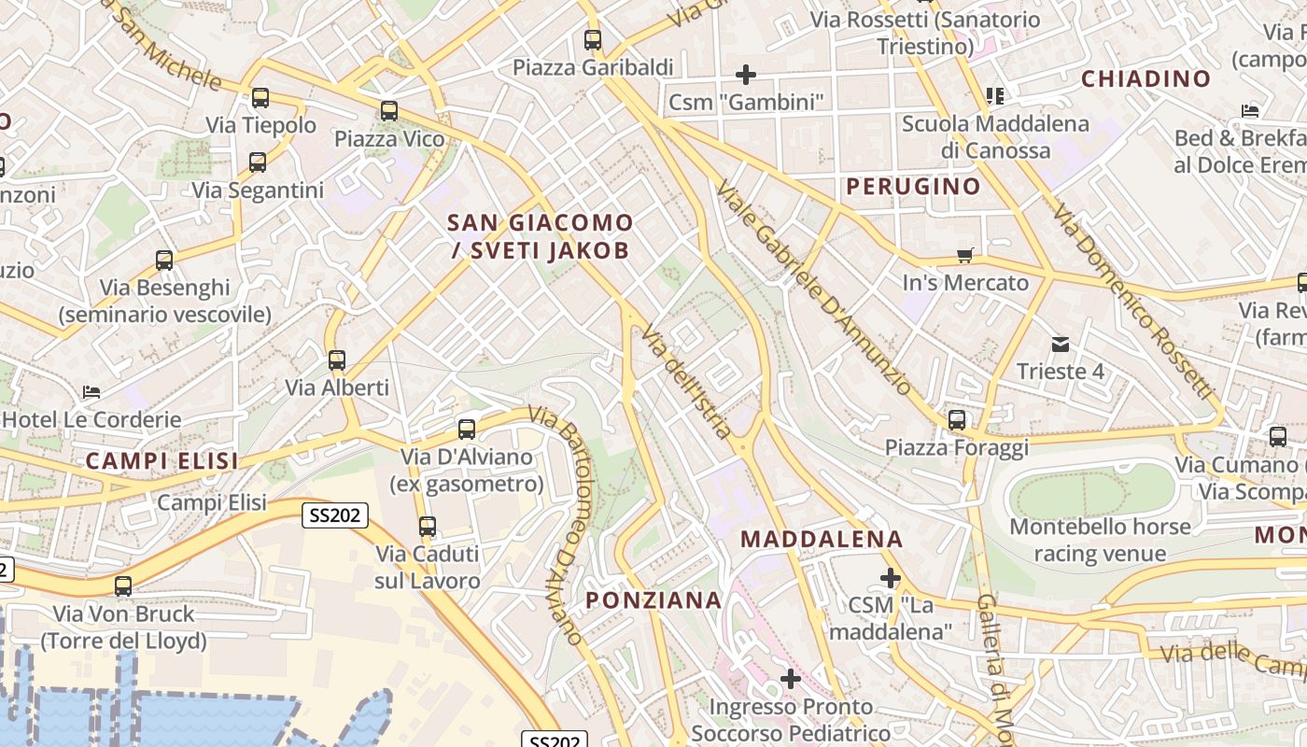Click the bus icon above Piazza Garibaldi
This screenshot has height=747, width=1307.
[593, 40]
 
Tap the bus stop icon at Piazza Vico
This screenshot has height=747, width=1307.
[389, 111]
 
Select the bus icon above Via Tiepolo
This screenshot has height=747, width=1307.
[260, 98]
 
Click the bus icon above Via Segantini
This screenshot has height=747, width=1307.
[258, 162]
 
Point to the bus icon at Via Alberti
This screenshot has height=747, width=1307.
[337, 360]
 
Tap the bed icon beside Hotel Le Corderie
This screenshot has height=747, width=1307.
[91, 392]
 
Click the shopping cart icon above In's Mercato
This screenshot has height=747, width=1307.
[965, 255]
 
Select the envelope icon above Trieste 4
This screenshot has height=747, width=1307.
[1061, 345]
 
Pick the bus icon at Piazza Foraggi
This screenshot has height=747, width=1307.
[957, 420]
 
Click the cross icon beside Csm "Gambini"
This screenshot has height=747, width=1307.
[746, 74]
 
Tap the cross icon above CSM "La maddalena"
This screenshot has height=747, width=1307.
[891, 578]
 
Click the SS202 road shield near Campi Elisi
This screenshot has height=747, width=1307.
[335, 514]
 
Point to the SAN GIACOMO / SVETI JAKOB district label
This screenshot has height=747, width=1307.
[541, 236]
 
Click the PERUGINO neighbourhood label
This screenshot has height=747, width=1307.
[914, 186]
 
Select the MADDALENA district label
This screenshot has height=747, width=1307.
[822, 539]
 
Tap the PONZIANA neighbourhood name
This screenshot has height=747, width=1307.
[653, 600]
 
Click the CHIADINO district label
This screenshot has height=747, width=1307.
[1145, 79]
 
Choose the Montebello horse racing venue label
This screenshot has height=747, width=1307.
[1100, 540]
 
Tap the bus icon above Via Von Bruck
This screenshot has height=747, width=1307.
[123, 586]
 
